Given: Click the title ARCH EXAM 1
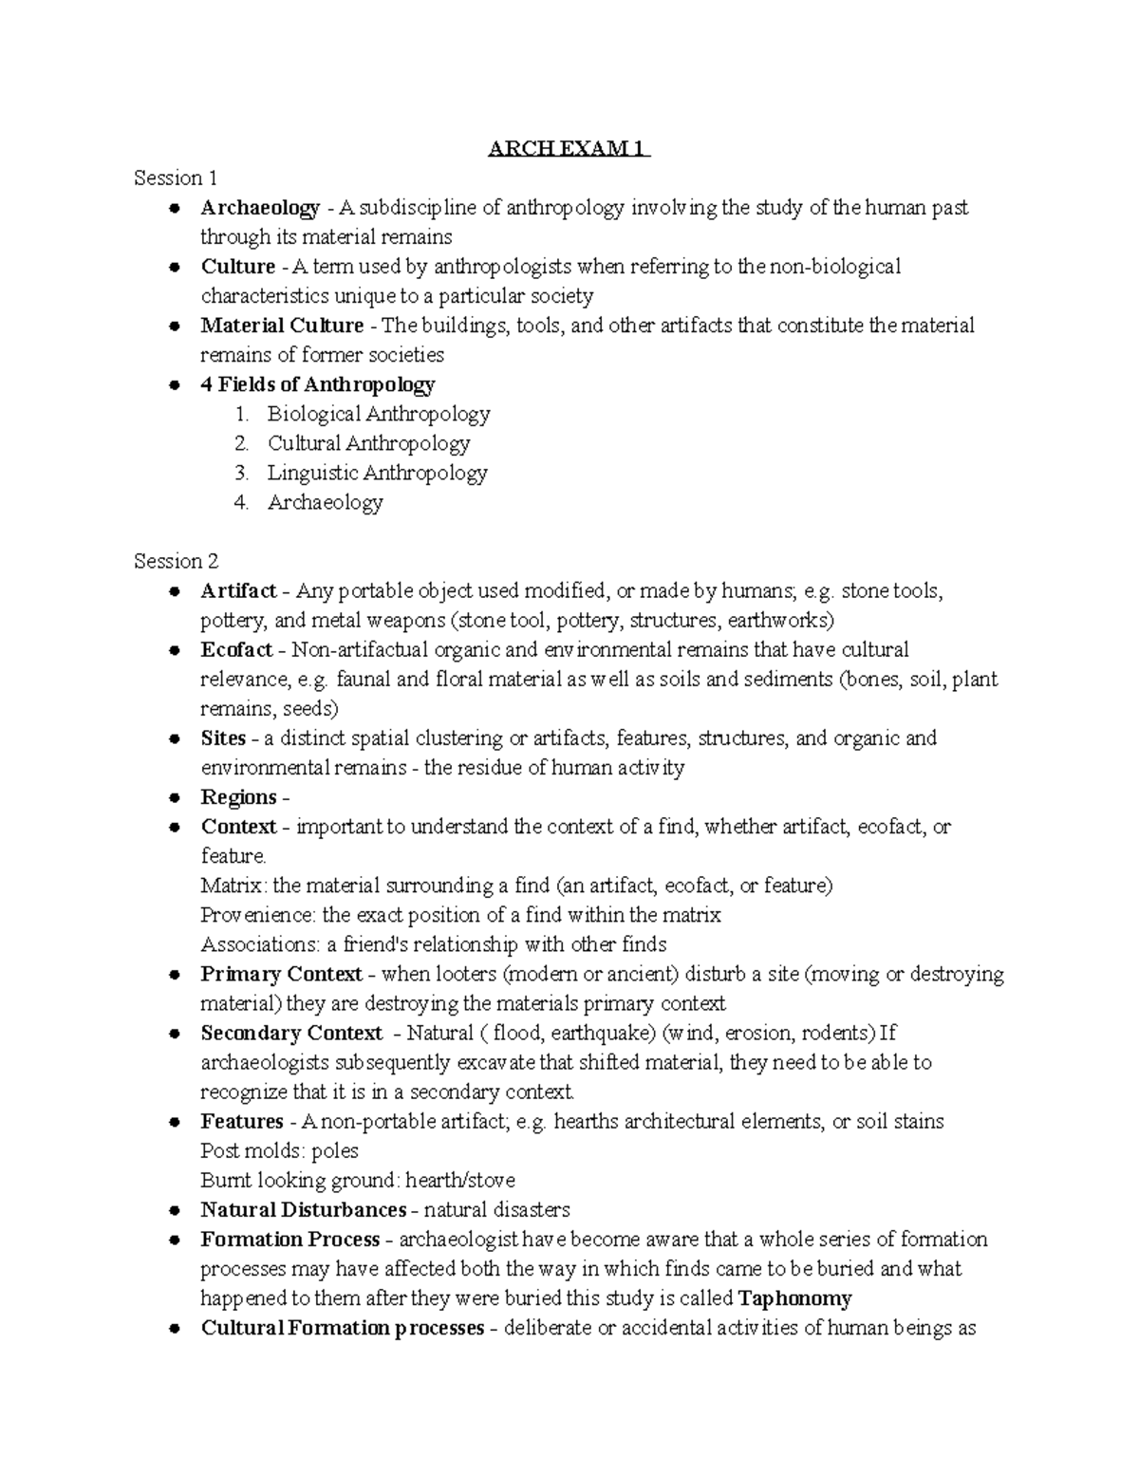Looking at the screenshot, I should coord(569,149).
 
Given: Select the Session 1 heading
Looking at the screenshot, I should coord(176,178).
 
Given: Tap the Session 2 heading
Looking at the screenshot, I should coord(177,561).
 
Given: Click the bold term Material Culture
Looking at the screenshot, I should coord(282,326).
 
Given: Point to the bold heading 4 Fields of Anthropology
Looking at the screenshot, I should coord(317,384).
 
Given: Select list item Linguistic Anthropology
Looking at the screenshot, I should coord(377,473).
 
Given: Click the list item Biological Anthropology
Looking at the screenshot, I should coord(378,414).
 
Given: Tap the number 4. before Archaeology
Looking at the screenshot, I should coord(241,502).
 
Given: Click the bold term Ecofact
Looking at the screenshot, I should coord(236,650).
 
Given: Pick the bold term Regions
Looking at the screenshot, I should coord(239,797).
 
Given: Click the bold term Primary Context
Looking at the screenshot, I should coord(281,975).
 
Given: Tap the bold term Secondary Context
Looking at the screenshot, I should coord(291,1034).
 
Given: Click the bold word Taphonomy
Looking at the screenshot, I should coord(794,1298).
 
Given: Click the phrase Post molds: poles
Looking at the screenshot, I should coord(279,1151).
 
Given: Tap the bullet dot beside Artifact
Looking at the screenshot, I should coord(174,592).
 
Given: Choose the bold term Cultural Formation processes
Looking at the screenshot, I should coord(342,1328).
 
